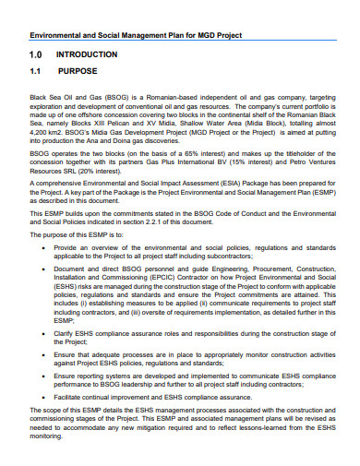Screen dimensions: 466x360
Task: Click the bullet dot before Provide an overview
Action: click(43, 249)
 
